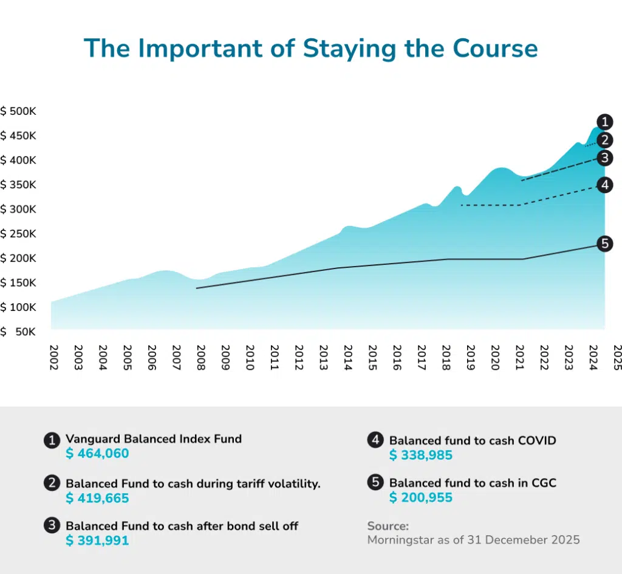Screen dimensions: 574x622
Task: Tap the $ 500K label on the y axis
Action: pos(19,112)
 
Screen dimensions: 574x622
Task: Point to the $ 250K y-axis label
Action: pos(19,234)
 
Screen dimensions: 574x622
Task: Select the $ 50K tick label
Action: pos(19,332)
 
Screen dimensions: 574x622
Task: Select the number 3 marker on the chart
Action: pos(604,159)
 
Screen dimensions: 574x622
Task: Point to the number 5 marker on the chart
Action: pos(604,244)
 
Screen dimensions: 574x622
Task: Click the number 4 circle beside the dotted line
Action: pos(604,185)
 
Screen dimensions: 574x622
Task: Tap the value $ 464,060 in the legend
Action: pos(97,454)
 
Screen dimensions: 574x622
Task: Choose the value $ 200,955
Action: pos(420,498)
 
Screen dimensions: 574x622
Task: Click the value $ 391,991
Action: pos(97,541)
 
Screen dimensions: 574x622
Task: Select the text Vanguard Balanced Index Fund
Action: pos(153,439)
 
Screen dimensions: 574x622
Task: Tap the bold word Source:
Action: pos(388,525)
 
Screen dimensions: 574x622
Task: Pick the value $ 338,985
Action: pos(420,455)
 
